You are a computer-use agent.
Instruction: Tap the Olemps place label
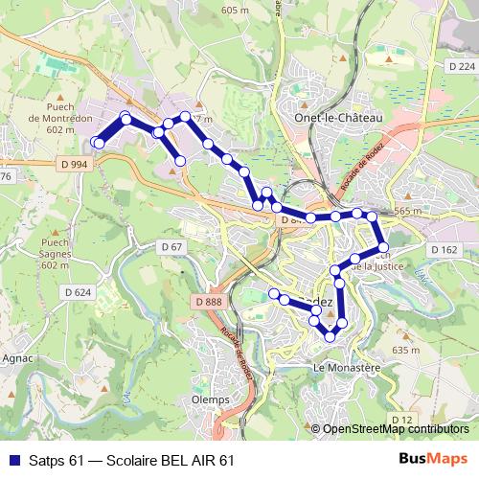pos(211,399)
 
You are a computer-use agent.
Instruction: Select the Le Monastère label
pos(347,367)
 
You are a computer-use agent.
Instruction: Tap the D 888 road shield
pos(207,303)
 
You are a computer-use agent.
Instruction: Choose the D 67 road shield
pos(172,247)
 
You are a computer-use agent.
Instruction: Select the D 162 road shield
pos(445,249)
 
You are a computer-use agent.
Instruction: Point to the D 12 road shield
pos(401,420)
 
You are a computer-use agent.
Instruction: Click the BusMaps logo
pos(433,460)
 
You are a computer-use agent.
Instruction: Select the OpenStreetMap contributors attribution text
pos(396,429)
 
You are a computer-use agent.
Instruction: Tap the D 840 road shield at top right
pos(460,67)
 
